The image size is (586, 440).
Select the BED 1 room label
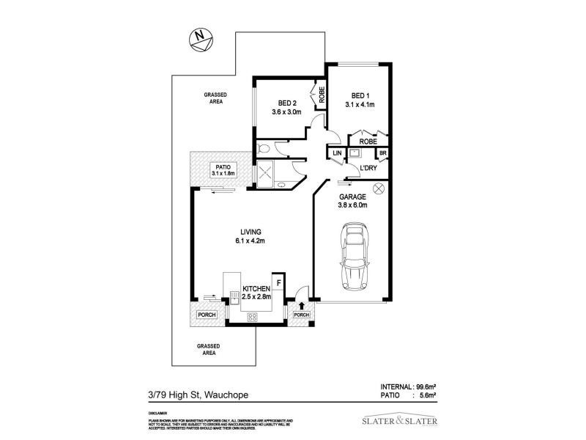[359, 100]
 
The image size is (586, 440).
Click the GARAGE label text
[352, 201]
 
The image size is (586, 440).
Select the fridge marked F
[278, 281]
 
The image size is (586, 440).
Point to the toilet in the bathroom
[264, 150]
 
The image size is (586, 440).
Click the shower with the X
[265, 174]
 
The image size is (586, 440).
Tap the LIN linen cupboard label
[337, 153]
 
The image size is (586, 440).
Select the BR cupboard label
[382, 153]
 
